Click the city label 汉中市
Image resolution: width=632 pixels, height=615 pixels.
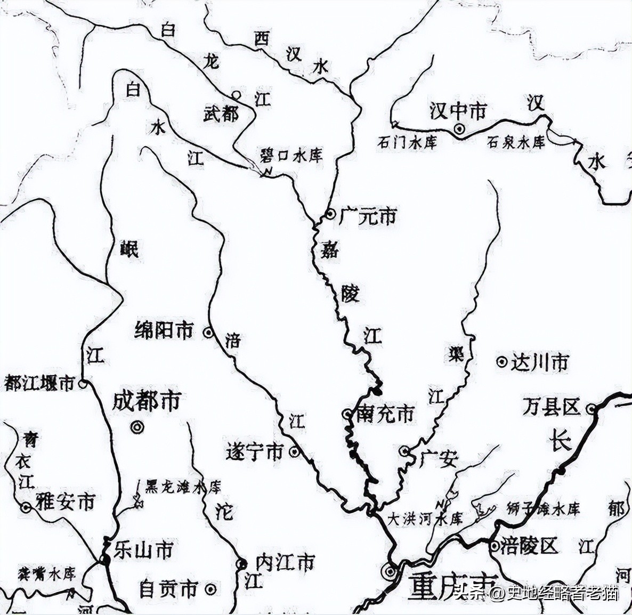458,111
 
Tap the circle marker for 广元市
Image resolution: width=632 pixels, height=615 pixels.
331,215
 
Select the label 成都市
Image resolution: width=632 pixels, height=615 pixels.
147,401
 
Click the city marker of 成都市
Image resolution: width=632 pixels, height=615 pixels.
137,426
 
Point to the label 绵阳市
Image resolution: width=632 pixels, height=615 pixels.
164,331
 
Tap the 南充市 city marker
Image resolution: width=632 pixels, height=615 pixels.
347,414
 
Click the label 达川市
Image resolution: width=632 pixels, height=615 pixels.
539,362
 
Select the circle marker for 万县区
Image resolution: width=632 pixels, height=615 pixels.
591,409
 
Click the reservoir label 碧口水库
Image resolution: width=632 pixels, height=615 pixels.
291,156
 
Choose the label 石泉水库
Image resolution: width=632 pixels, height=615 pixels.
516,143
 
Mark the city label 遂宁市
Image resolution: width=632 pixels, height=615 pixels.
254,452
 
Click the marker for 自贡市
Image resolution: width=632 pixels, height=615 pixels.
211,589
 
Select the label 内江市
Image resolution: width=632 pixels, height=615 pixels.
285,563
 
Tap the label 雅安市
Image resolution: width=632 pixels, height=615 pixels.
65,502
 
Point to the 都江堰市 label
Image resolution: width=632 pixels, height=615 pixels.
39,383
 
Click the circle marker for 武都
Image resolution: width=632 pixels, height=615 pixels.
237,95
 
